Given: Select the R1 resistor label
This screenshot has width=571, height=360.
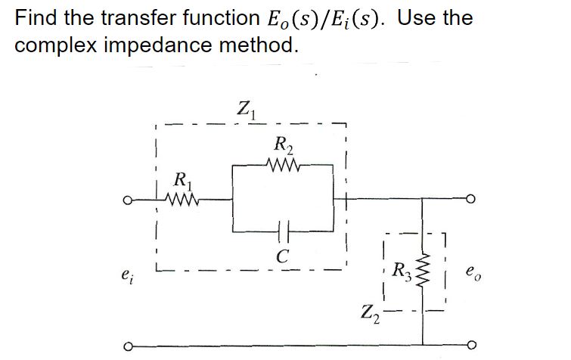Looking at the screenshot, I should point(182,182).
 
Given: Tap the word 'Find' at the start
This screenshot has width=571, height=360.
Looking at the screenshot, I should point(34,17).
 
